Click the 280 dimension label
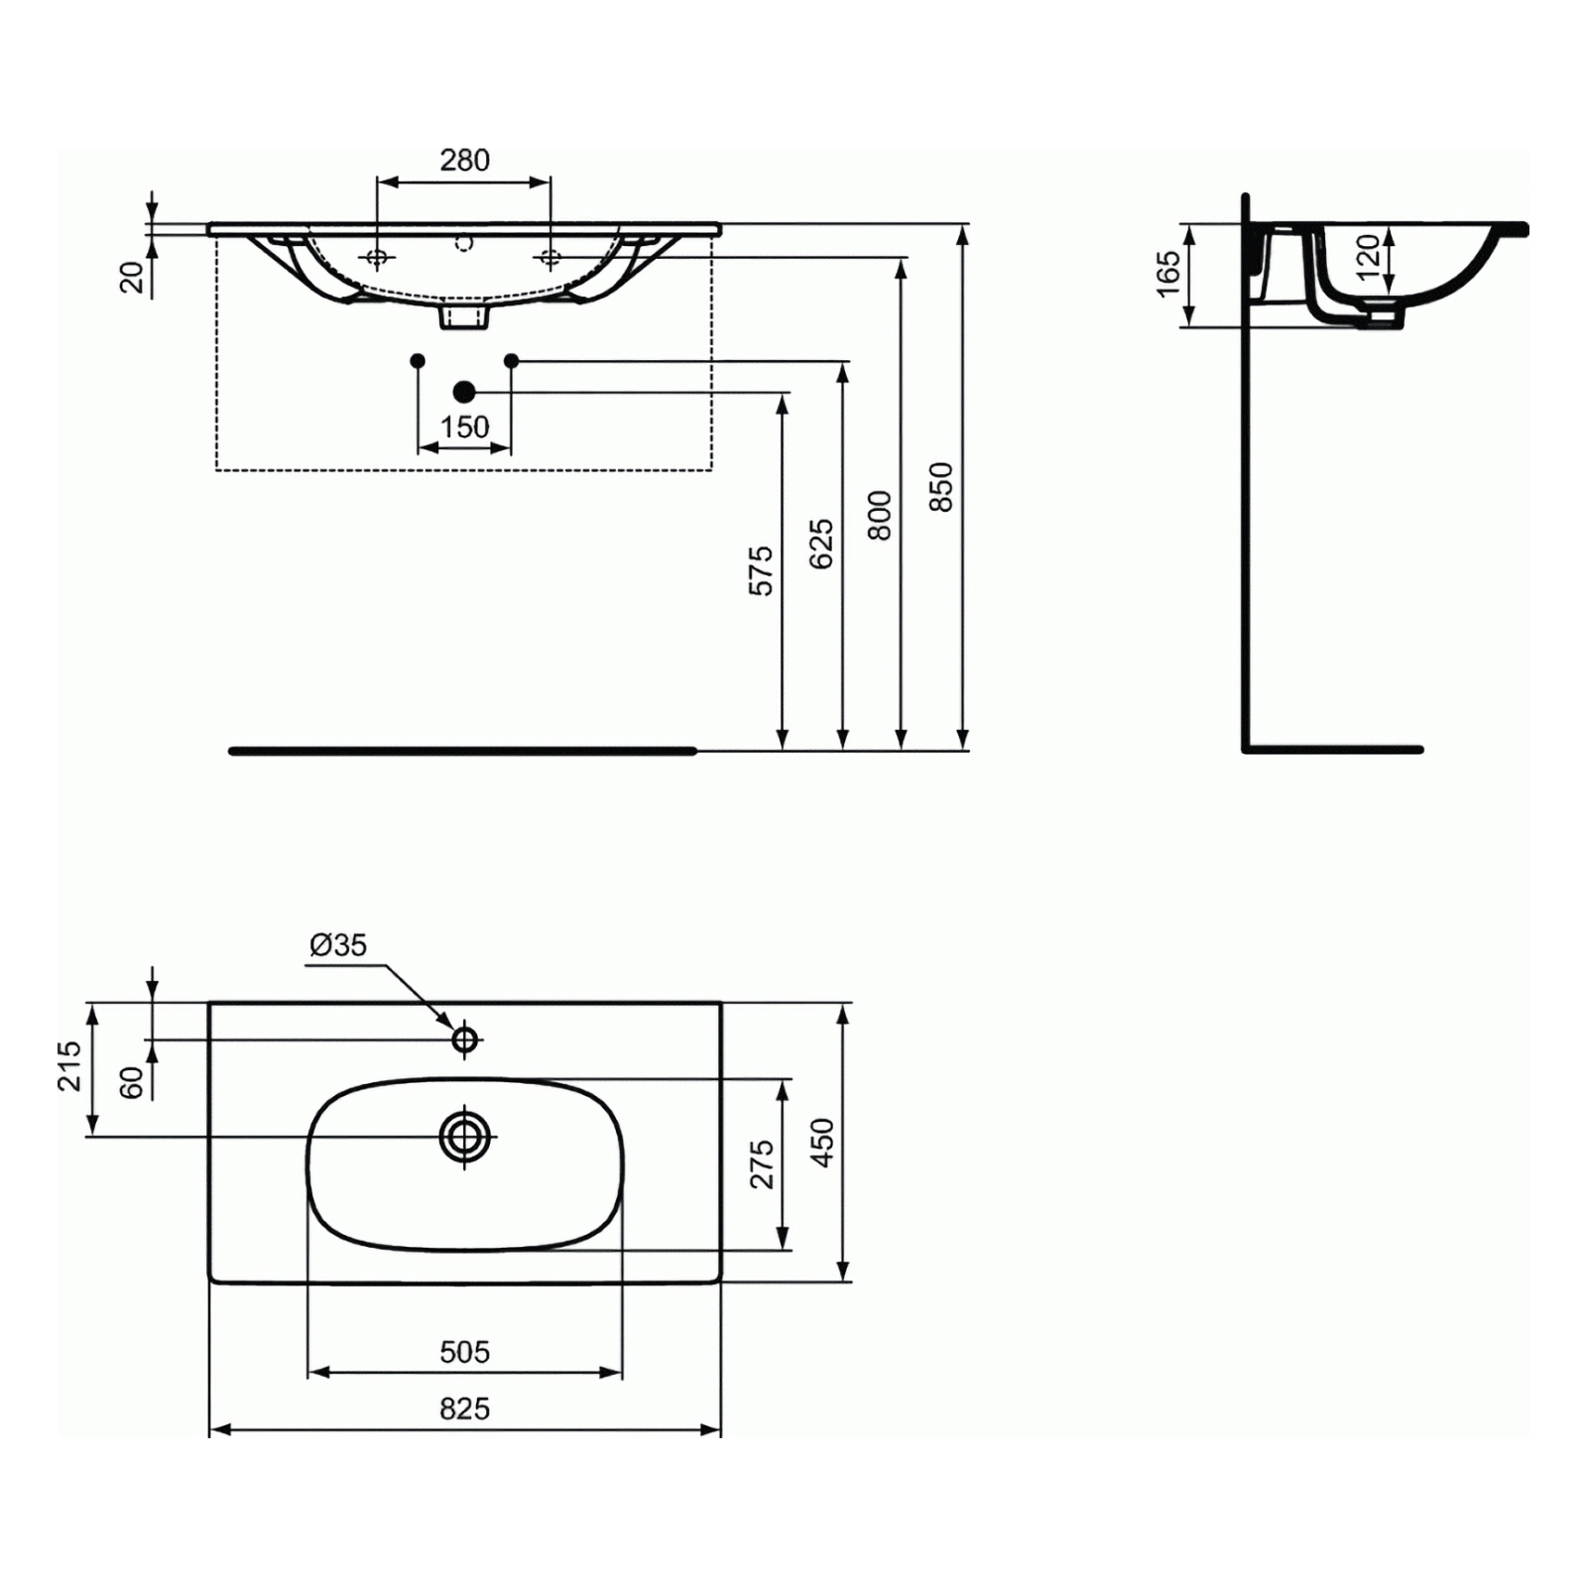464,160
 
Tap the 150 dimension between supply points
464,427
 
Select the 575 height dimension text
761,569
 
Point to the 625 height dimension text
821,544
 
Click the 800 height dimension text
880,515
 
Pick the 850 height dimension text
940,487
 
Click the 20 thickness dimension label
132,277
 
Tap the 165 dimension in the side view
1169,273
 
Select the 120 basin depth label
1368,257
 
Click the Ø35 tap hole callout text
338,944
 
